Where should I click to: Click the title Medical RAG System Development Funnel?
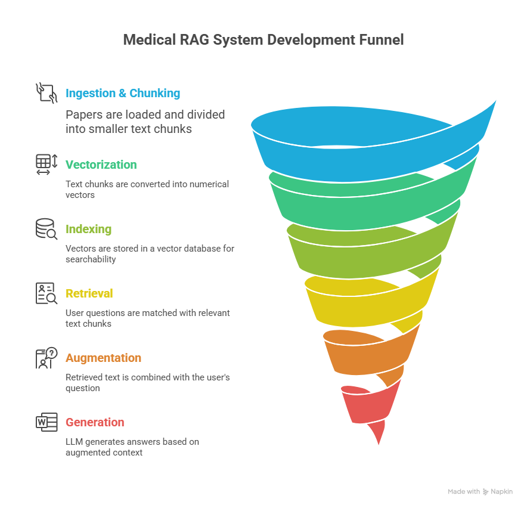coord(263,40)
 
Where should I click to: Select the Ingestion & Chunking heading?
coord(123,93)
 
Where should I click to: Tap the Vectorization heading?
coord(101,165)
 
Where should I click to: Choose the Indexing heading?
coord(88,229)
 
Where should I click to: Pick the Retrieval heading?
coord(89,293)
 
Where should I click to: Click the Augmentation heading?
coord(103,358)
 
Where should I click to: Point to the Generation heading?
coord(95,422)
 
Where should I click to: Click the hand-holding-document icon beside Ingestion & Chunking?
coord(46,93)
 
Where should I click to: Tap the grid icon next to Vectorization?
coord(46,165)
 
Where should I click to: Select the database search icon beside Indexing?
coord(46,229)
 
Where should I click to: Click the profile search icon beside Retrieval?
coord(46,293)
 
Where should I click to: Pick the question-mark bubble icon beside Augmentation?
coord(46,358)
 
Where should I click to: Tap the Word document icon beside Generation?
coord(46,422)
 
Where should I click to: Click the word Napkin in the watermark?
coord(501,491)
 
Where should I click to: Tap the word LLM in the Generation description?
coord(74,442)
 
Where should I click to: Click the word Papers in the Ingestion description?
coord(84,115)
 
